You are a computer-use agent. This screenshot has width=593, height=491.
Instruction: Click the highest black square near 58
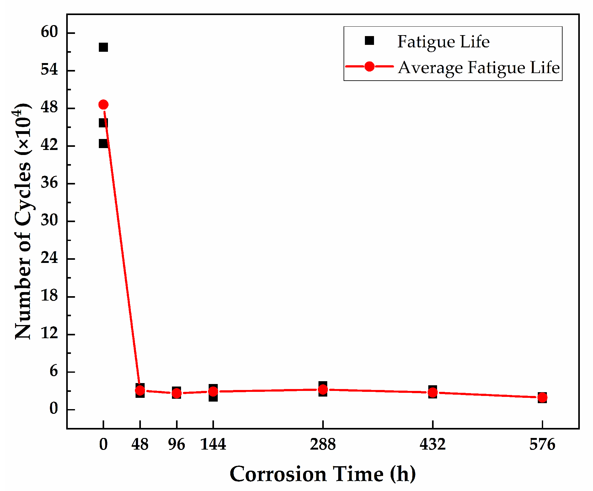tap(103, 47)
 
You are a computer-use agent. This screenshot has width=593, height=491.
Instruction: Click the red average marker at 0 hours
tap(103, 104)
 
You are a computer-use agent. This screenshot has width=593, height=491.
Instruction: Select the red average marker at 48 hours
tap(140, 390)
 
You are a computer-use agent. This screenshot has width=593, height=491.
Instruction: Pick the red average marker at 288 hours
tap(323, 389)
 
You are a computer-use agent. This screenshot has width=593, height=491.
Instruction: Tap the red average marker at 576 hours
tap(542, 398)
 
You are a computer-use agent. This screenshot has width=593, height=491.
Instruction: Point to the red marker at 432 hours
tap(433, 392)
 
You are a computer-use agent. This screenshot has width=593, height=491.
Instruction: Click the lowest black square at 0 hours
tap(103, 143)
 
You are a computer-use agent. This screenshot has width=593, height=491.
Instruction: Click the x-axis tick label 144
tap(213, 444)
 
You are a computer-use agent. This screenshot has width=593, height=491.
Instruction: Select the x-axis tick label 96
tap(176, 444)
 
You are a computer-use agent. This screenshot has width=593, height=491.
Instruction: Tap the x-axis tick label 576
tap(542, 444)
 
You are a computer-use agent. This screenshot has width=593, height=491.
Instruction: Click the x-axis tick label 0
tap(103, 444)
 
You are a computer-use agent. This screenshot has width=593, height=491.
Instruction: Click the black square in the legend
tap(369, 41)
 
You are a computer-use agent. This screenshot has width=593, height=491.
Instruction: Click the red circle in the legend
tap(369, 67)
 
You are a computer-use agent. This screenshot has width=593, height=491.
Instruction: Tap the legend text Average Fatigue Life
tap(479, 67)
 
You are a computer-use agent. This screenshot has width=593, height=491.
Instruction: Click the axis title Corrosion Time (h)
tap(323, 474)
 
